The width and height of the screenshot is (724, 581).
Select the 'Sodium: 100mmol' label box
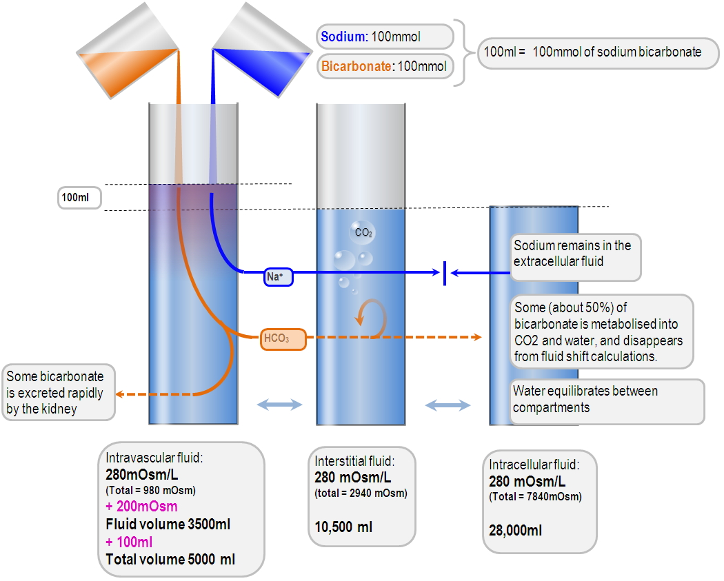[x=385, y=37]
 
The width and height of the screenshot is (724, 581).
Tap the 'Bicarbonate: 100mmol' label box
[x=385, y=67]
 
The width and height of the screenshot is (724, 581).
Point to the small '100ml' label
[x=79, y=198]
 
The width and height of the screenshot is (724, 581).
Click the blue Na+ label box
[x=279, y=277]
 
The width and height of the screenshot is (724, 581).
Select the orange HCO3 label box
[x=283, y=339]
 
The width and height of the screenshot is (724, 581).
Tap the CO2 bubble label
[x=363, y=233]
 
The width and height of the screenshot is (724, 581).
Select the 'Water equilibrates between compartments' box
[x=607, y=400]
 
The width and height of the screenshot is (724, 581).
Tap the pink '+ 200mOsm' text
[x=141, y=507]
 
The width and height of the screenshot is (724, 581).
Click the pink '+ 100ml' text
[x=129, y=542]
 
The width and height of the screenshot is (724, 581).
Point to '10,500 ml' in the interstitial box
[x=343, y=527]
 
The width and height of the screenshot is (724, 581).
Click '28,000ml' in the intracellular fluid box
[x=515, y=531]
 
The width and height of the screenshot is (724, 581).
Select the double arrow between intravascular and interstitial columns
[x=279, y=405]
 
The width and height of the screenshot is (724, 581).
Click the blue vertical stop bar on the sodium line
[x=445, y=273]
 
